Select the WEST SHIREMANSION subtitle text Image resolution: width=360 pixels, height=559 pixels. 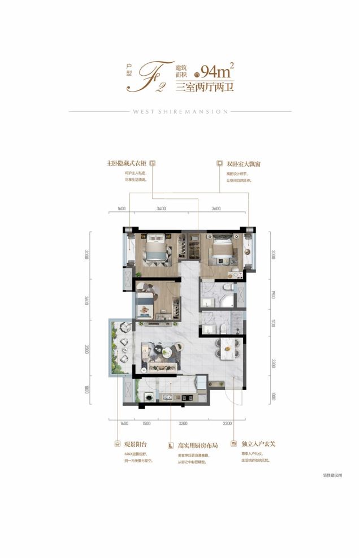click(x=180, y=112)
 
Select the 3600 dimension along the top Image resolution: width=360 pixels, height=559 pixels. click(x=216, y=209)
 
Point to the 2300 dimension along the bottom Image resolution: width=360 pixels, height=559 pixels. click(x=227, y=423)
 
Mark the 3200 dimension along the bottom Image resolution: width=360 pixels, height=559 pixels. click(x=183, y=423)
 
